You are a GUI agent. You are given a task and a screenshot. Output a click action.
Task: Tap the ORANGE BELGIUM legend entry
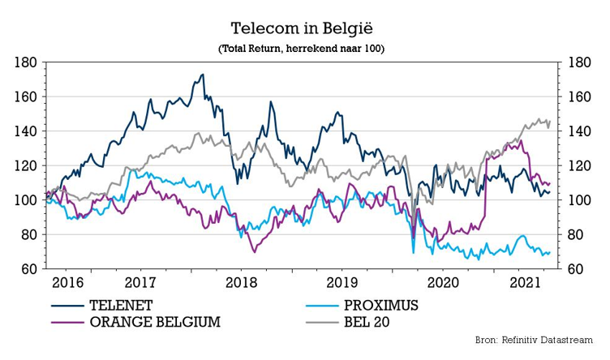click(x=155, y=321)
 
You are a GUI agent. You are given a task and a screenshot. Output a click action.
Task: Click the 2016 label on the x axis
click(x=67, y=283)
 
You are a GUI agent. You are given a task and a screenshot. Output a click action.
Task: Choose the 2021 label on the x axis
click(x=524, y=283)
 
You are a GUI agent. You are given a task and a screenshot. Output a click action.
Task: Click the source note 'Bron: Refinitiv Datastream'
click(x=537, y=339)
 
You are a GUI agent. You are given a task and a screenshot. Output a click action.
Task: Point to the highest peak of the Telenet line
click(x=202, y=75)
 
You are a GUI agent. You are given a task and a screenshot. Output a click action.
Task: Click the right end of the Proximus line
click(x=550, y=252)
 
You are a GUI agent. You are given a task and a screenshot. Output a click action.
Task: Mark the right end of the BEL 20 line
click(x=550, y=121)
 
